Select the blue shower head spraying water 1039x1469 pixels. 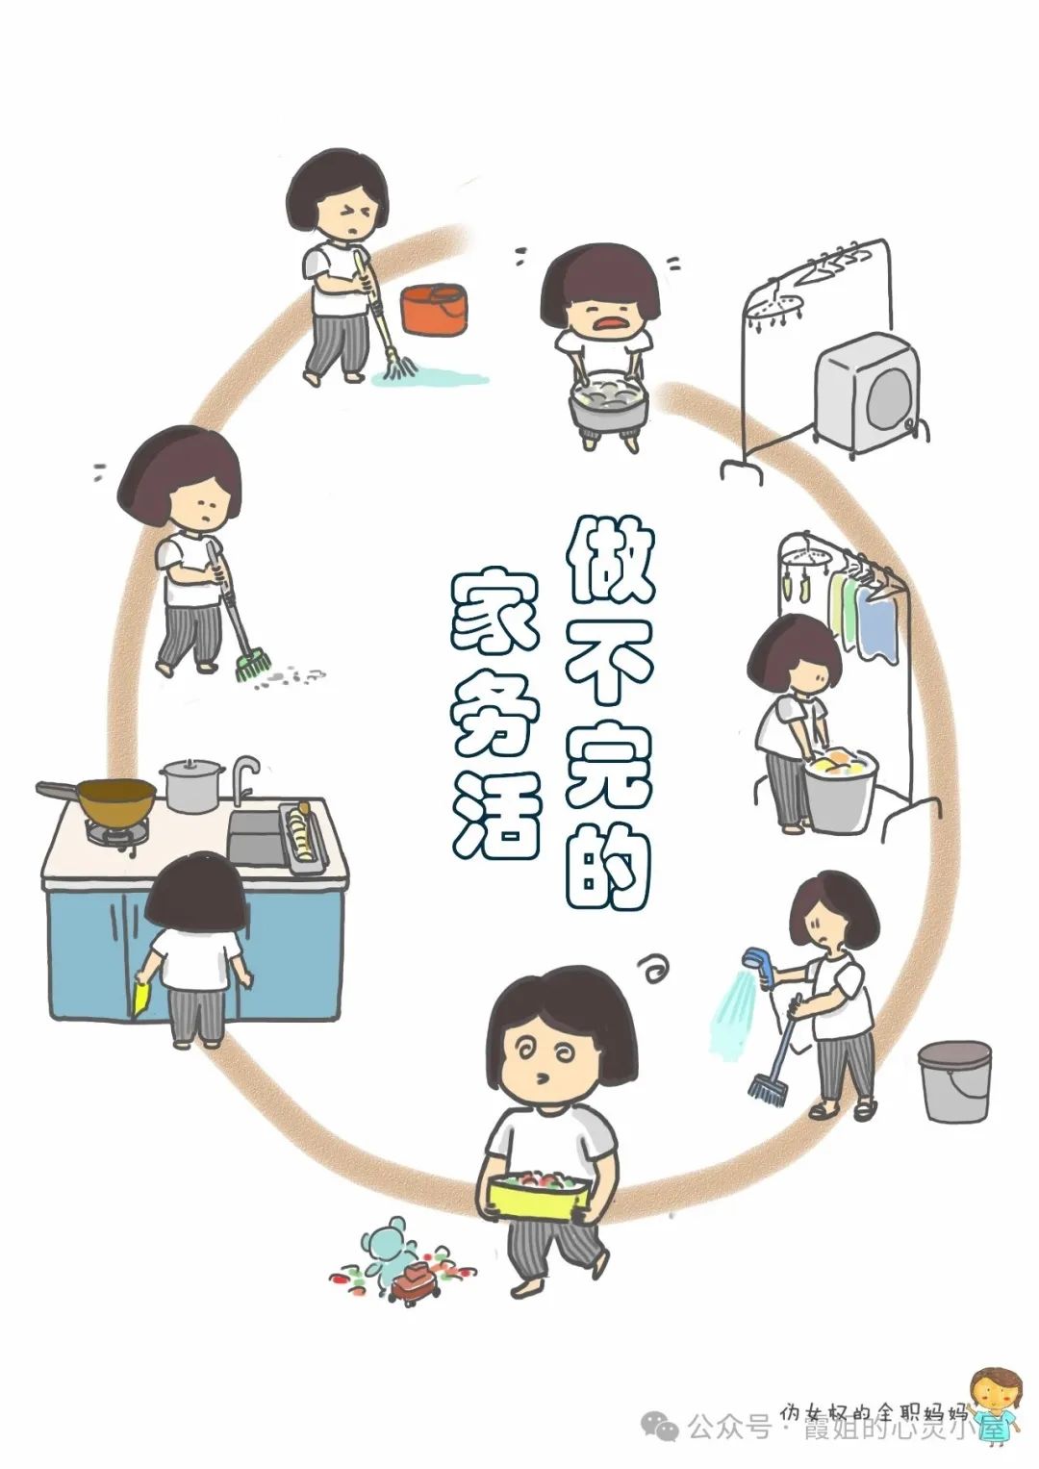pos(760,967)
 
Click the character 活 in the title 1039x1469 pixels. pos(496,818)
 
